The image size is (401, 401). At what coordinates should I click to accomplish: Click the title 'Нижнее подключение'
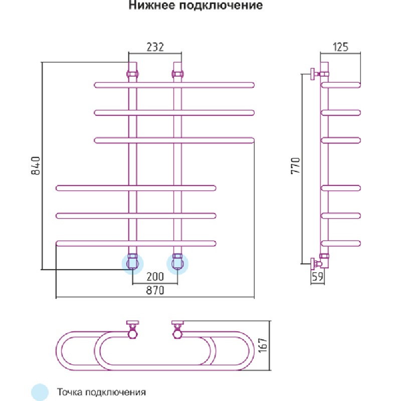point(195,7)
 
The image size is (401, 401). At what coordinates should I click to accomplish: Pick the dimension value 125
point(341,47)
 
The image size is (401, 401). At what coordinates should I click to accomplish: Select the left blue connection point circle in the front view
point(133,264)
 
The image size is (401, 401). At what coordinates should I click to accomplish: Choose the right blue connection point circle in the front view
point(177,264)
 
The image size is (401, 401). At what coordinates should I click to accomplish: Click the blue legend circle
point(40,391)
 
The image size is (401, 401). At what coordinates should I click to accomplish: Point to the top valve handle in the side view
point(313,75)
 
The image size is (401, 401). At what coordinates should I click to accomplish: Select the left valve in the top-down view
point(133,330)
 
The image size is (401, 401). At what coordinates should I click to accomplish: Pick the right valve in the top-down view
point(177,330)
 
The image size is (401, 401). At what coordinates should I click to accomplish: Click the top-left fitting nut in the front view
point(133,74)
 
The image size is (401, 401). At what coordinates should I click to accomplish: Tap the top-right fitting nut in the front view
point(177,74)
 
